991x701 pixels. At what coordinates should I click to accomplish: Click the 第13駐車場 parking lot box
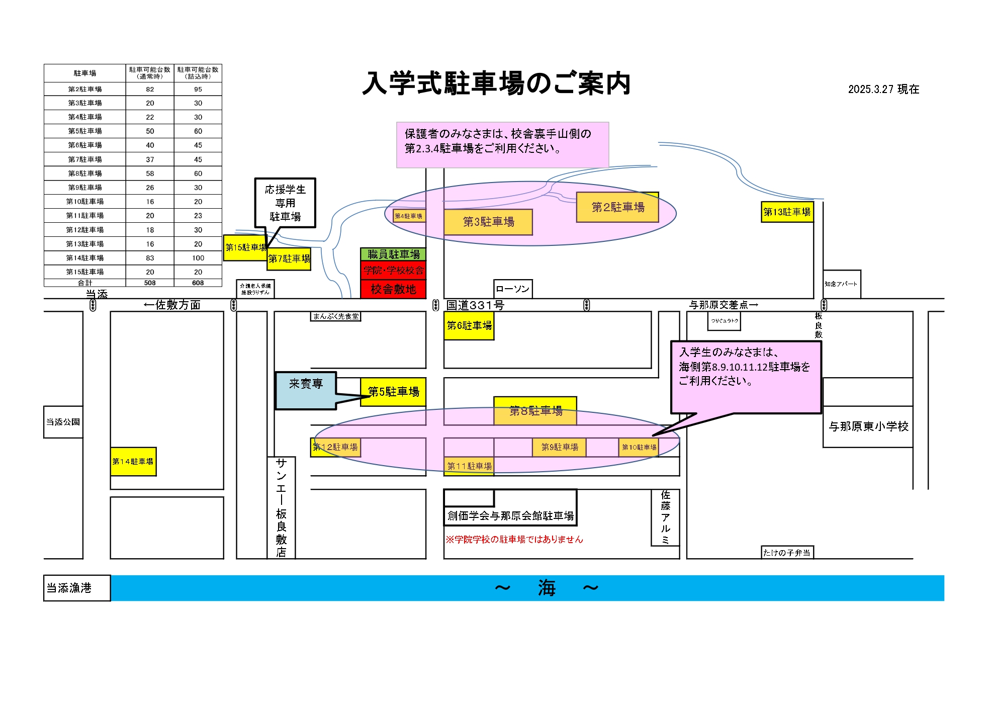pyautogui.click(x=787, y=212)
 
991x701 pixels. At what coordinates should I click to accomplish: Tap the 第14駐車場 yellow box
pyautogui.click(x=133, y=462)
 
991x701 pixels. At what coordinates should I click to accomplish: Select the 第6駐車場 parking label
pyautogui.click(x=469, y=326)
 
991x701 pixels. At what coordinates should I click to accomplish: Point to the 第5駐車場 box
pyautogui.click(x=393, y=392)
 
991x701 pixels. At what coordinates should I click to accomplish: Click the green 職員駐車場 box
pyautogui.click(x=393, y=254)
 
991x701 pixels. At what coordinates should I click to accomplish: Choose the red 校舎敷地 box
pyautogui.click(x=393, y=289)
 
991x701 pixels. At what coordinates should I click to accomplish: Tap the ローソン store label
pyautogui.click(x=512, y=289)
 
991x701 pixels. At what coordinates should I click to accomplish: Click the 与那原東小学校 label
pyautogui.click(x=868, y=426)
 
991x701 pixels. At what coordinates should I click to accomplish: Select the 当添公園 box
pyautogui.click(x=63, y=422)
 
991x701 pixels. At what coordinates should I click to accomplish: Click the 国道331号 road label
pyautogui.click(x=475, y=305)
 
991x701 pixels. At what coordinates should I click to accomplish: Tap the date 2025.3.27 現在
pyautogui.click(x=883, y=90)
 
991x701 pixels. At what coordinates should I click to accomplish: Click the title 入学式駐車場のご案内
pyautogui.click(x=496, y=83)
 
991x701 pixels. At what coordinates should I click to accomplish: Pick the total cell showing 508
pyautogui.click(x=150, y=283)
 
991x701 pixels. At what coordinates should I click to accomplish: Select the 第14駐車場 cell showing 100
pyautogui.click(x=198, y=258)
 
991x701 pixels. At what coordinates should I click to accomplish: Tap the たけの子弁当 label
pyautogui.click(x=787, y=553)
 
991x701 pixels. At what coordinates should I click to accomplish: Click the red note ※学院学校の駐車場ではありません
pyautogui.click(x=514, y=540)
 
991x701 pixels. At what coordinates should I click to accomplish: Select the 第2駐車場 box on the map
pyautogui.click(x=617, y=207)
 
